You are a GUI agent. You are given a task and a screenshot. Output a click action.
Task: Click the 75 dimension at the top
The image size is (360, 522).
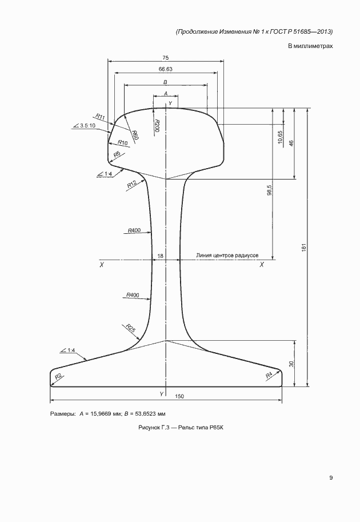165,58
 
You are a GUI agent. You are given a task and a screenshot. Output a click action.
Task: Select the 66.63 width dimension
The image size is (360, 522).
165,69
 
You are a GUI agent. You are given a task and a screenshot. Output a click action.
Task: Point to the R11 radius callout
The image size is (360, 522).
100,117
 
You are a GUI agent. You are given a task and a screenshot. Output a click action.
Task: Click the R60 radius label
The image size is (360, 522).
135,135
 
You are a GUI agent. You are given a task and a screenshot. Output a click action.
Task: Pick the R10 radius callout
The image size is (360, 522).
123,142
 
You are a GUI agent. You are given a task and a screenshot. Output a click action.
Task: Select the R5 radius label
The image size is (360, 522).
117,154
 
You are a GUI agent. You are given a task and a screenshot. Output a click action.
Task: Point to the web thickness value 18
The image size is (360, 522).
160,256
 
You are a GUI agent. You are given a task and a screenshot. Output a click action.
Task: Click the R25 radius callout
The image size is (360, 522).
131,328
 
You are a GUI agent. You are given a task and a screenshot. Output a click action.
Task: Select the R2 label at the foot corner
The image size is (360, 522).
58,377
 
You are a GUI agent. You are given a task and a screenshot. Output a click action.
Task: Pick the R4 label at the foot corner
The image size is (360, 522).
269,375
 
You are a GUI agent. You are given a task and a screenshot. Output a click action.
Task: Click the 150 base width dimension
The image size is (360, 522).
179,396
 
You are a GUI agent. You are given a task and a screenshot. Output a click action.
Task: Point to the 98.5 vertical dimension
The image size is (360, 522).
270,190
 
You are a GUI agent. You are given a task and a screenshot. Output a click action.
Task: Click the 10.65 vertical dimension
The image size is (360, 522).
280,137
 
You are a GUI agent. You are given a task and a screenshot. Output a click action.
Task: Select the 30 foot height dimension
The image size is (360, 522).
291,364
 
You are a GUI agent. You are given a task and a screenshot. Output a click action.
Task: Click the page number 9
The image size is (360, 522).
331,478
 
